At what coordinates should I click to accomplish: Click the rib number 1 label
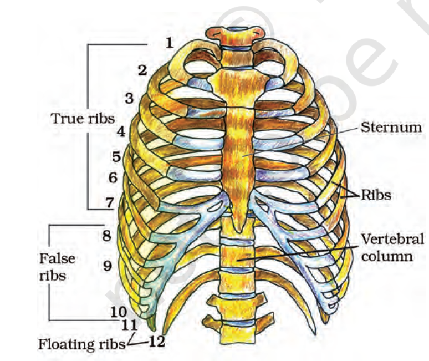[x=169, y=42]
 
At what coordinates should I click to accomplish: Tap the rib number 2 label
[x=142, y=70]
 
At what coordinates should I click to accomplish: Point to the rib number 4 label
[x=120, y=133]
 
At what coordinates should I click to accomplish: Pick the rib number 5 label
[x=116, y=157]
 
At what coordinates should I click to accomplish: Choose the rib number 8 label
[x=106, y=236]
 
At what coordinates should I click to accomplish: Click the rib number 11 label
[x=129, y=323]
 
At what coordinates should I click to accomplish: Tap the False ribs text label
[x=57, y=267]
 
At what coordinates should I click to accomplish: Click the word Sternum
[x=391, y=127]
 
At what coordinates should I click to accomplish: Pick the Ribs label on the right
[x=377, y=195]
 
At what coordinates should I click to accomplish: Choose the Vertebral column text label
[x=392, y=248]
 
